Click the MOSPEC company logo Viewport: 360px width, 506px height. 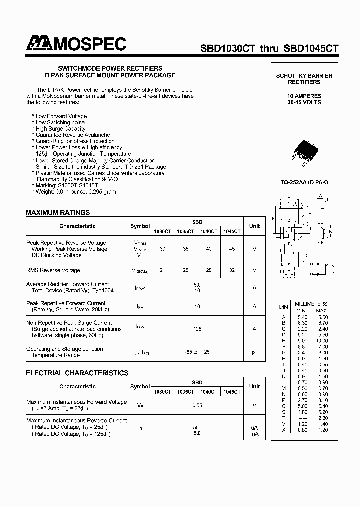[76, 45]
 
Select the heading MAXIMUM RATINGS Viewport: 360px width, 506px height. [58, 212]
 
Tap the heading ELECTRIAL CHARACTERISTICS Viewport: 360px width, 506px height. [77, 373]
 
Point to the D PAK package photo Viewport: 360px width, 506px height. [304, 150]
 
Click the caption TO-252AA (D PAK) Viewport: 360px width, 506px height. [304, 183]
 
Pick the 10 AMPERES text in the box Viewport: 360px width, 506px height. [304, 96]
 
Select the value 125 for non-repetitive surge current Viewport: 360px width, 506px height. [197, 329]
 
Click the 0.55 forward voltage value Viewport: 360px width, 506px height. [197, 405]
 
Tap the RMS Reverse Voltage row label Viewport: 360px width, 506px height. [53, 270]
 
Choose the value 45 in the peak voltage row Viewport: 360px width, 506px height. [231, 249]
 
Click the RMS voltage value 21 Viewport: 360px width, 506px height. [162, 270]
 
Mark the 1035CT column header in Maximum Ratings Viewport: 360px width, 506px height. [185, 231]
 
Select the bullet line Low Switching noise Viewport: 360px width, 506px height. [60, 122]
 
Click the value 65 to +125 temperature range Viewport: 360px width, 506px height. [197, 352]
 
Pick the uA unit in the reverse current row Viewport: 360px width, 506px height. [254, 428]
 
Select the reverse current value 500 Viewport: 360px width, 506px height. [197, 428]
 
